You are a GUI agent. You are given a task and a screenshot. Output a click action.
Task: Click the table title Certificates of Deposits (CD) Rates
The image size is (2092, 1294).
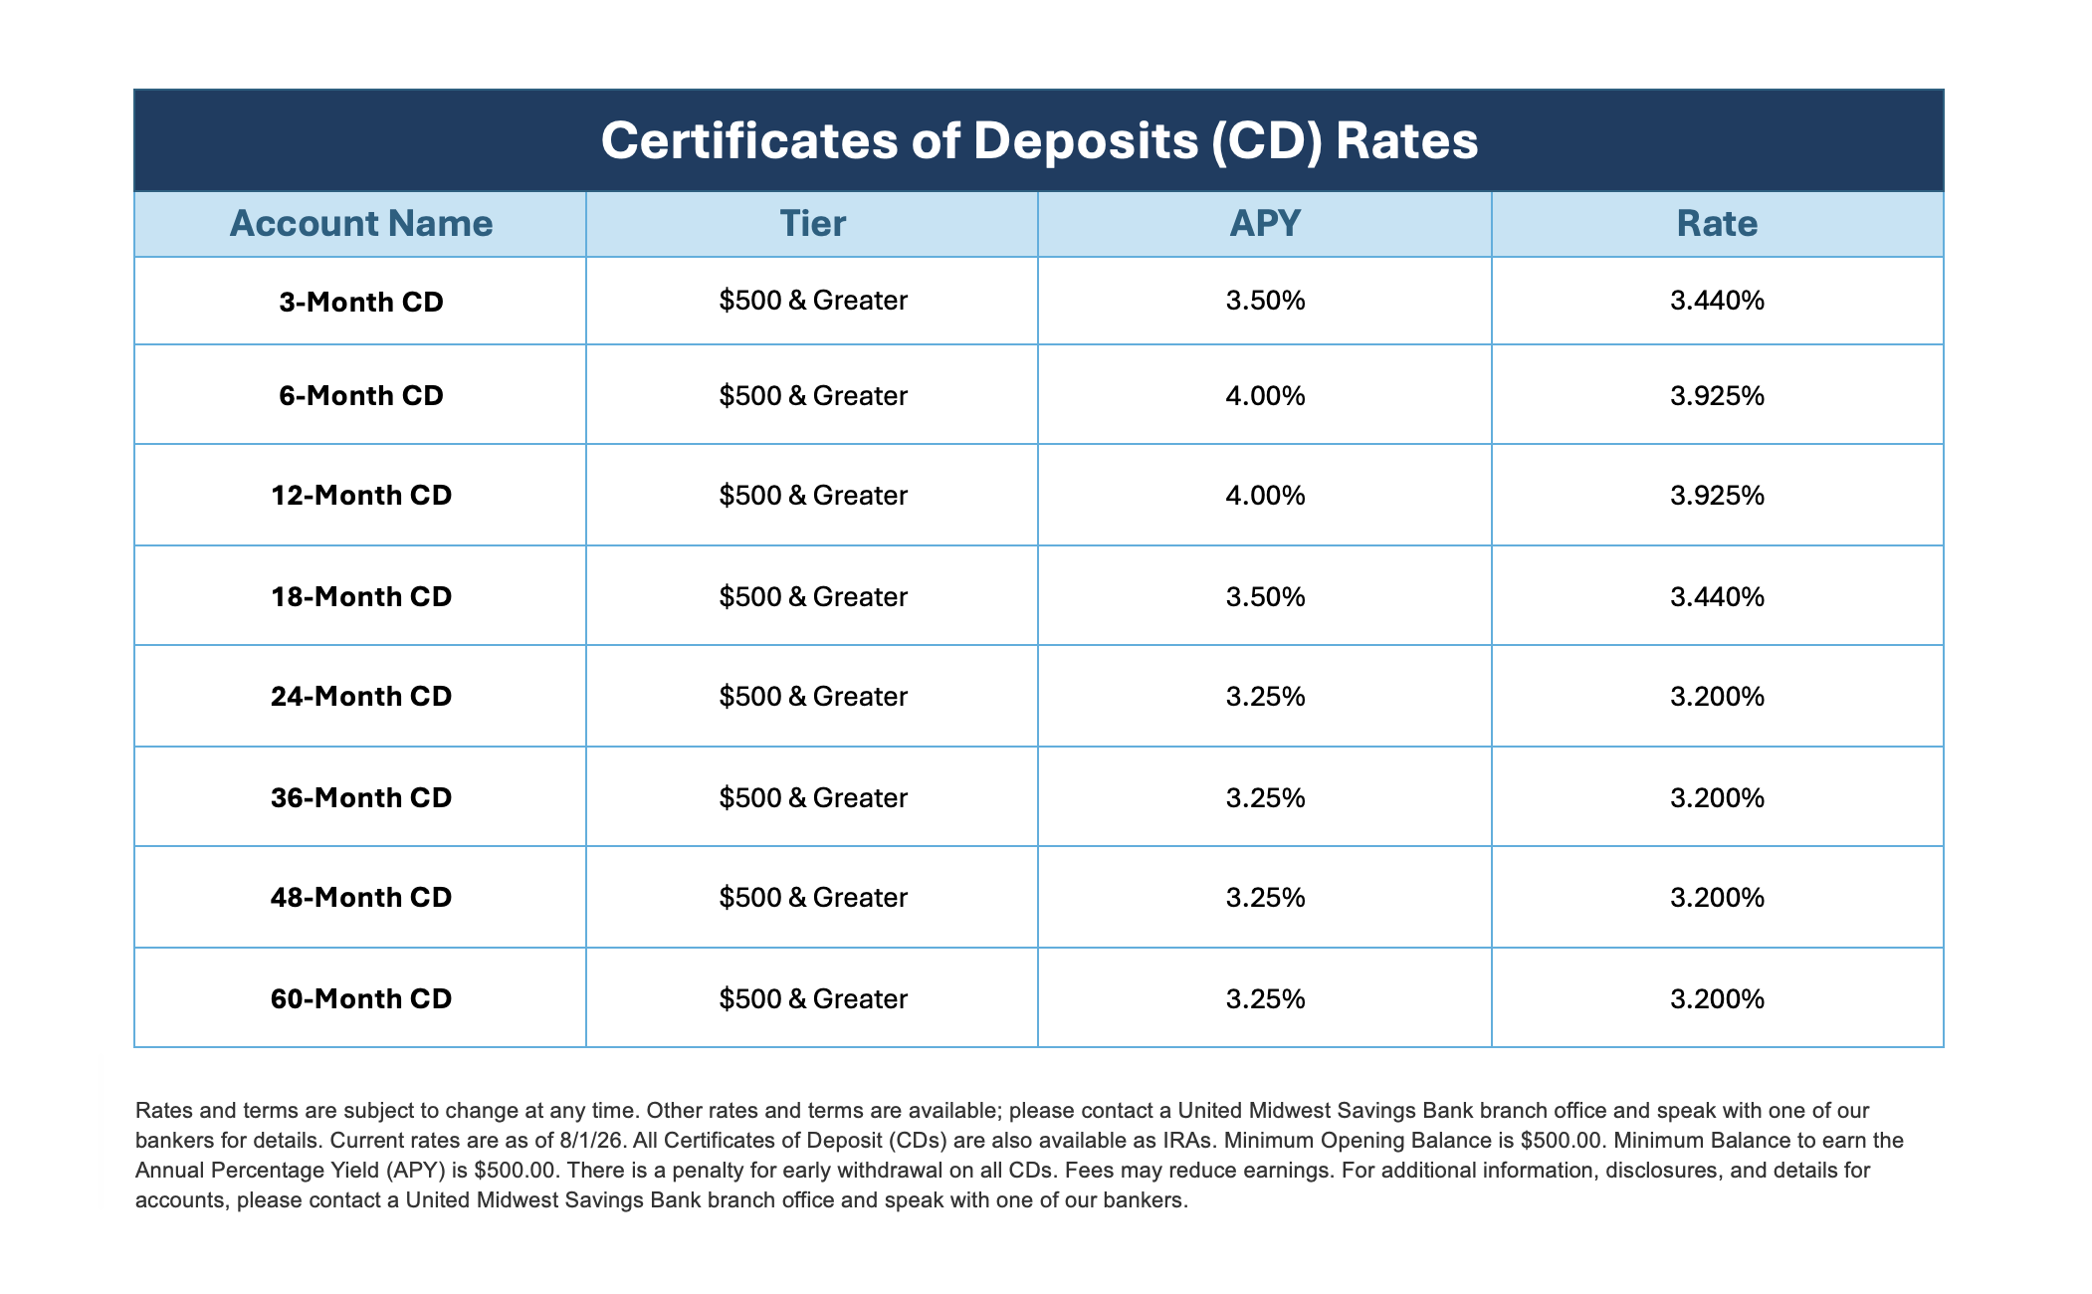[x=1039, y=140]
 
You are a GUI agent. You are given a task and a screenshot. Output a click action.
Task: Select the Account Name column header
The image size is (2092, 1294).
[x=361, y=224]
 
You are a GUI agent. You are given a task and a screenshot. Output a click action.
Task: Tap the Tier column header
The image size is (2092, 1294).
[x=813, y=224]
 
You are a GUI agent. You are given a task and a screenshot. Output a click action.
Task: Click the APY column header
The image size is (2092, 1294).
[x=1265, y=224]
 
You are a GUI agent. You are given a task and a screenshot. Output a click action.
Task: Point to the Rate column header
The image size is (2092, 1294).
[x=1717, y=224]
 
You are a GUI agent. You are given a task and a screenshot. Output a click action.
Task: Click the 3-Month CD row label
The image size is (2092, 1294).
[x=361, y=302]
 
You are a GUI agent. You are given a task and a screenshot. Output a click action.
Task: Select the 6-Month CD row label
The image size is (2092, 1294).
[x=361, y=396]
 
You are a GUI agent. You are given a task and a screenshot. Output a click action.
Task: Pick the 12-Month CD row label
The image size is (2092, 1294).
[x=361, y=496]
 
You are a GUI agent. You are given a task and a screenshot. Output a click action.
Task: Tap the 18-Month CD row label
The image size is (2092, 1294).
[x=361, y=597]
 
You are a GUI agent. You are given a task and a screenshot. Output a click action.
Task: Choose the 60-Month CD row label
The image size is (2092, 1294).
[x=361, y=999]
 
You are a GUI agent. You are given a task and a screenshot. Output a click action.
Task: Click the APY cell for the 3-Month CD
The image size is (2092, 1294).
[x=1265, y=301]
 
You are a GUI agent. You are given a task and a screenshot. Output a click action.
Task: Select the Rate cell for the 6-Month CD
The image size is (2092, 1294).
[x=1717, y=396]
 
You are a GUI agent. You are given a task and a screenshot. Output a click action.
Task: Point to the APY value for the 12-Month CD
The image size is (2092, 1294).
[x=1265, y=496]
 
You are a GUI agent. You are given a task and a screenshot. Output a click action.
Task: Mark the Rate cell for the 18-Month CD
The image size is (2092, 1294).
[x=1717, y=597]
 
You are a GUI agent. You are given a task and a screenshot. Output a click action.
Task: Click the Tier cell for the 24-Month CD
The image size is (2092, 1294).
[x=813, y=697]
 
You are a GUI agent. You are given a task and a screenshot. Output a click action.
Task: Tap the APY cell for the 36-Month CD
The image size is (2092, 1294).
[x=1265, y=798]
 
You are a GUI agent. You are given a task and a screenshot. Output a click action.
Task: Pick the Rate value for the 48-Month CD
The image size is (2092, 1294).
[x=1717, y=898]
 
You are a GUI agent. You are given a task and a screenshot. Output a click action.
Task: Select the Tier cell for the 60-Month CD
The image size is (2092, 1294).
[x=813, y=999]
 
